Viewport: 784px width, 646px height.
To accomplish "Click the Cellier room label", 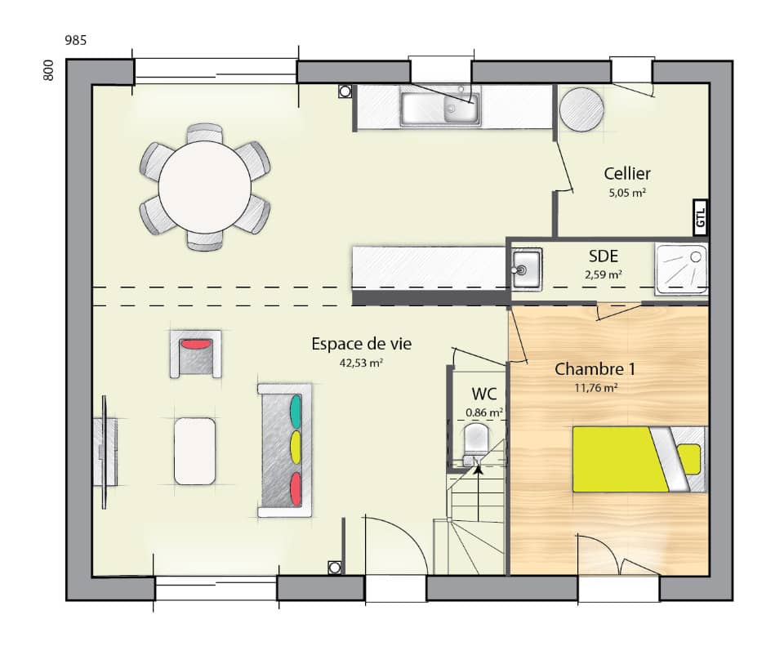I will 627,173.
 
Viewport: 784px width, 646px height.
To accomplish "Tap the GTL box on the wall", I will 700,215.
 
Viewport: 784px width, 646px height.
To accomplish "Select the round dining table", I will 204,187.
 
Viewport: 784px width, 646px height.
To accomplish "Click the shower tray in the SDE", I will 681,267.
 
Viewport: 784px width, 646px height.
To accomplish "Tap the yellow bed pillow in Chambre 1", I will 689,459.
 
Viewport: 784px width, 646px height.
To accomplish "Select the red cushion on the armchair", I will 195,345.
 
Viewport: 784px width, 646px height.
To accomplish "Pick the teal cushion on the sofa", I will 296,410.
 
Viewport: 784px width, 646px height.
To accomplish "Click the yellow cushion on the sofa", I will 296,448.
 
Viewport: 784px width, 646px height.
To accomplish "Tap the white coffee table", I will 195,451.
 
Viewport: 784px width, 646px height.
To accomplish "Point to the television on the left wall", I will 105,452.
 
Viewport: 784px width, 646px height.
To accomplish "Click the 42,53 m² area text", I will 362,363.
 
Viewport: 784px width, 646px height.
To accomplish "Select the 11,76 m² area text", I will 595,388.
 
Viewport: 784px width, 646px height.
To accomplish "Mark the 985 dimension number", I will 76,40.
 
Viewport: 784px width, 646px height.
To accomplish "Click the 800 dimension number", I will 48,71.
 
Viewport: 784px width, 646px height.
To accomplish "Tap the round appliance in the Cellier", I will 581,109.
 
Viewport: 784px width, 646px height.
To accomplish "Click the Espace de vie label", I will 362,344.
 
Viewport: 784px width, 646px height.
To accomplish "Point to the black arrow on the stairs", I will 478,469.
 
